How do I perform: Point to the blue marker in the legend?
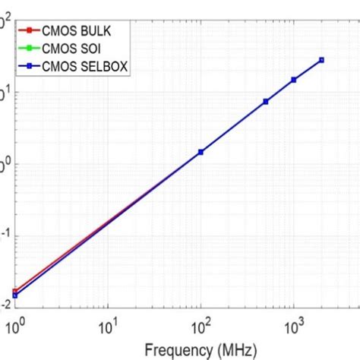click(x=27, y=67)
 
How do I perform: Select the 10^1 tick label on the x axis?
click(x=107, y=326)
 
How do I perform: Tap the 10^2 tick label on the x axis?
click(x=200, y=326)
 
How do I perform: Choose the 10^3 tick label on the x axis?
click(x=292, y=326)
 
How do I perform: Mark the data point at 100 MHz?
click(x=201, y=152)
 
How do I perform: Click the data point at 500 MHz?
click(x=266, y=101)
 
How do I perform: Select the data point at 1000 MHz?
click(x=294, y=80)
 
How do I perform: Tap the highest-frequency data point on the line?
click(x=321, y=60)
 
